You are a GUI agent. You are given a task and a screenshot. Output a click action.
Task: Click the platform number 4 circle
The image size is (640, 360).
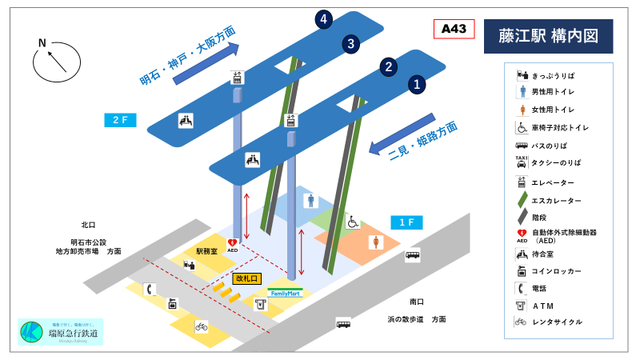[323, 19]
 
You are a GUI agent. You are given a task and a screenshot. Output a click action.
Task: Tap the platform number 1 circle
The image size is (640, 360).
[418, 83]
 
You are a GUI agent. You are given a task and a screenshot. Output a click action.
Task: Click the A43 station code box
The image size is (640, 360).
[453, 30]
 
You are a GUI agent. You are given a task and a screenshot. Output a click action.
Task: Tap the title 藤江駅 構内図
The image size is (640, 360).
[548, 36]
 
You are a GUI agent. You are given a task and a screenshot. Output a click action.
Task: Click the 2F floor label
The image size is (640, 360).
[120, 120]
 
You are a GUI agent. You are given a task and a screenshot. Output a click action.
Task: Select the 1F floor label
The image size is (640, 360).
[406, 222]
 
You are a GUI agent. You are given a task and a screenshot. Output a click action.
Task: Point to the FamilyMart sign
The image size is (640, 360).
[286, 293]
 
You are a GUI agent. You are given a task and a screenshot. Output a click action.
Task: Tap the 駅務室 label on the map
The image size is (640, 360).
[206, 250]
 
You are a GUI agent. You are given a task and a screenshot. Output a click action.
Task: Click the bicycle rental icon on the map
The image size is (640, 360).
[202, 326]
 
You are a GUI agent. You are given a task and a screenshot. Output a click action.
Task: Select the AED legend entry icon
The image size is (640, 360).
[522, 234]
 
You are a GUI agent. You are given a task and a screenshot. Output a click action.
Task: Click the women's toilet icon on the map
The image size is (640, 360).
[374, 241]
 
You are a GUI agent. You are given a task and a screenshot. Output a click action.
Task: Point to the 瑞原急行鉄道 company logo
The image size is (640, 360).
[60, 332]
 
